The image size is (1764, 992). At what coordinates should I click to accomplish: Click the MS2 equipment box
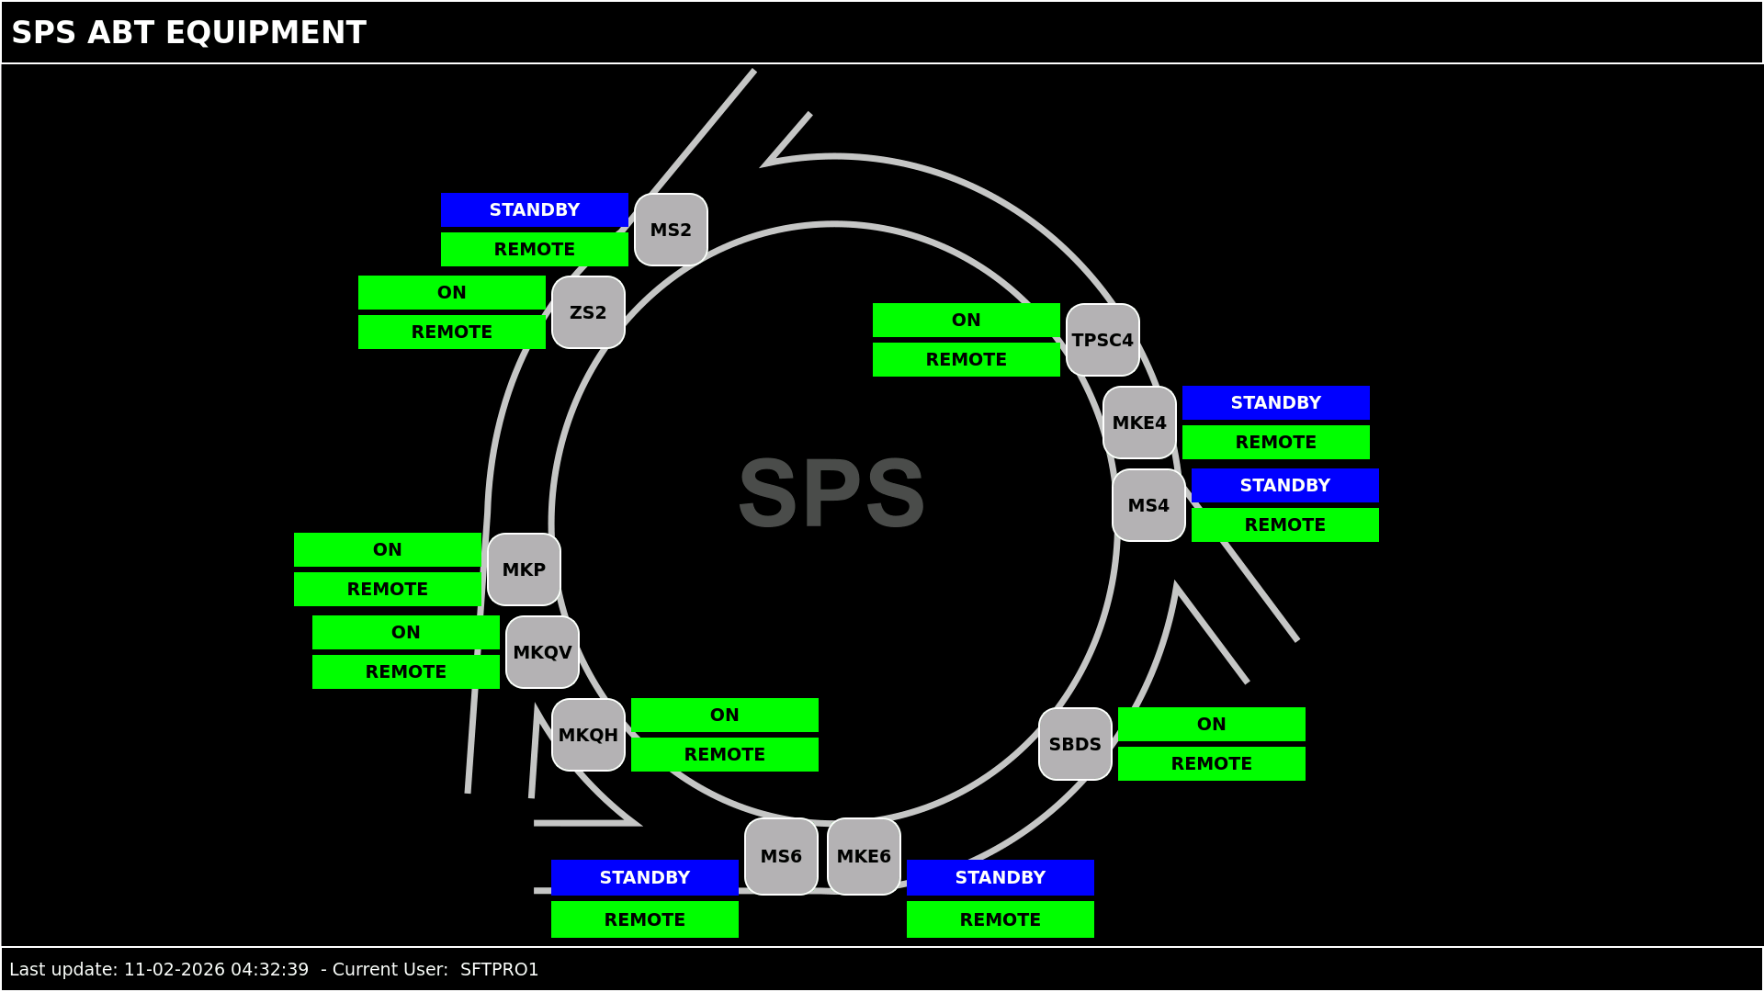671,230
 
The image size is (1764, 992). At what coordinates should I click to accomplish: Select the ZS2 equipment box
588,312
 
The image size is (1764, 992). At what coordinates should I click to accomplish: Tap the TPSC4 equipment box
1102,340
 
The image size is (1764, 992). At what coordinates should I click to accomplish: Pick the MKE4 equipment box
1139,423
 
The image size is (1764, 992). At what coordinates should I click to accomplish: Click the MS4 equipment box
1148,505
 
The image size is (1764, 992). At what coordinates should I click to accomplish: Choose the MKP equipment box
524,569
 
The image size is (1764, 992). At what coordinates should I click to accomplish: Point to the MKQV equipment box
542,652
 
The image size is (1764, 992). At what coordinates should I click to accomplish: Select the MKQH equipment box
588,735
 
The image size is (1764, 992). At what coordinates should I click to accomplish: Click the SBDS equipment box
1075,744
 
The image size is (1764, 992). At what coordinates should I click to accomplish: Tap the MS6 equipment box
781,856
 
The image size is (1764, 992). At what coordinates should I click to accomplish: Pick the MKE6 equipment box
864,856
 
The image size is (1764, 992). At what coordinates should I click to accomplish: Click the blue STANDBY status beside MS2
534,209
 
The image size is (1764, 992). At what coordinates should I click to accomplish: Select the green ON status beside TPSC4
966,320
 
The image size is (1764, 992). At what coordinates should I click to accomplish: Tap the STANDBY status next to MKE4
1275,402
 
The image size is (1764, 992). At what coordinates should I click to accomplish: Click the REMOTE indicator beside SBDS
1211,763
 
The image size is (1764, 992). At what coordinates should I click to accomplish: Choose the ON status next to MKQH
724,715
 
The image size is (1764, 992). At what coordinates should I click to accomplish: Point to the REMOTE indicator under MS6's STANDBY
644,919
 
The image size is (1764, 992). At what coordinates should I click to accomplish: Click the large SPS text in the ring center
831,493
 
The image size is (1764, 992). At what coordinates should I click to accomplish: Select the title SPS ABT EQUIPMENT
188,33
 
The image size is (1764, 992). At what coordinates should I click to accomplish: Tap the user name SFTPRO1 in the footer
499,969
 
